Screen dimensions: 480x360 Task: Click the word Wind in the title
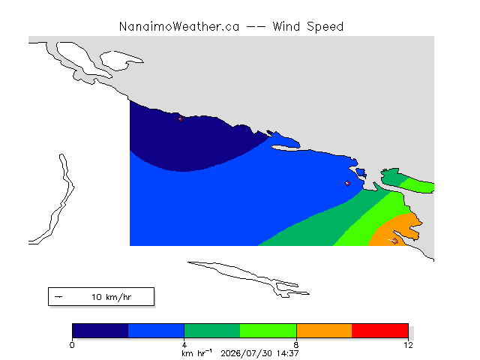coord(286,27)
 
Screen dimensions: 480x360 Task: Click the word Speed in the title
coord(325,27)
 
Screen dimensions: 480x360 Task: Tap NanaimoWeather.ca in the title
coord(179,27)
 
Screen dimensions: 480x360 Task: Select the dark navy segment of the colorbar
coord(100,331)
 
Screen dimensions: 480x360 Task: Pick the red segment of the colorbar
coord(380,331)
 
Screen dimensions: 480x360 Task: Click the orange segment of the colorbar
coord(324,331)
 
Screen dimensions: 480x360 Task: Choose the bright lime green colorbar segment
coord(268,331)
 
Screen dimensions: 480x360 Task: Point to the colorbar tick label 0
coord(72,345)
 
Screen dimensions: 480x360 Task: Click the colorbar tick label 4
coord(184,345)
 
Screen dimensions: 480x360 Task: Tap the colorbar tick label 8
coord(296,345)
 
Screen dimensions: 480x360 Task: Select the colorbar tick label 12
coord(408,345)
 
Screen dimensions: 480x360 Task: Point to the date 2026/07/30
coord(247,353)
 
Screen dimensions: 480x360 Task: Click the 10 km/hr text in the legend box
coord(111,297)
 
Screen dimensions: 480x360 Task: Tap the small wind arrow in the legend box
coord(58,297)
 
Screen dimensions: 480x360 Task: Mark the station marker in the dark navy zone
coord(180,118)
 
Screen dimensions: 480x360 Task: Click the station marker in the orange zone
coord(395,241)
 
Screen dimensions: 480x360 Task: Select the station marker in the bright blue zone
coord(347,183)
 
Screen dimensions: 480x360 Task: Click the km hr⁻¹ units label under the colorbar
coord(196,353)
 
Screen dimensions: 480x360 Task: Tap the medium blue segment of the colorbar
coord(156,331)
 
